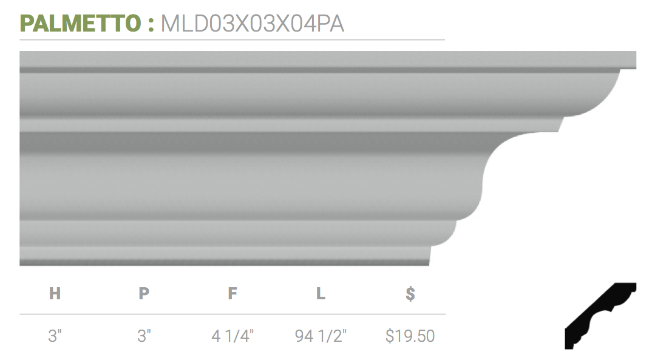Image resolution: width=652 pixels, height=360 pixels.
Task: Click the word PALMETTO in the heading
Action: (x=81, y=23)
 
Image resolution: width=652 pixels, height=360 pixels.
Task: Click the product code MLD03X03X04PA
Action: (x=253, y=23)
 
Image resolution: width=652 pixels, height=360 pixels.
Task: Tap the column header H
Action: (x=55, y=293)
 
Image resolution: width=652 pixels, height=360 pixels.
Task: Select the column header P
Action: (x=144, y=293)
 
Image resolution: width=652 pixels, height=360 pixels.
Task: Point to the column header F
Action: (x=233, y=293)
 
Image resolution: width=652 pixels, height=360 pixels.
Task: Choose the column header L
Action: (x=321, y=293)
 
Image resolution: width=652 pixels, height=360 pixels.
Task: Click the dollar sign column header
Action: (x=410, y=293)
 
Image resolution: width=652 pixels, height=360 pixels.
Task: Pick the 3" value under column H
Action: (x=55, y=336)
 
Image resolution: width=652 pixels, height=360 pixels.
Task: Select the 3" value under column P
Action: (x=144, y=336)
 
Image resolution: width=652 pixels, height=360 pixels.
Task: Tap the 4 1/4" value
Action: (x=233, y=336)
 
